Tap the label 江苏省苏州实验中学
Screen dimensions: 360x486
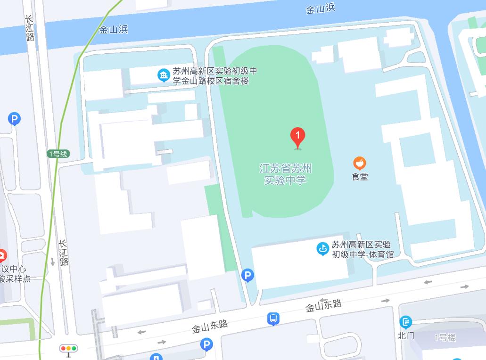pyautogui.click(x=286, y=174)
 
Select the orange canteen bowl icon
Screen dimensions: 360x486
pyautogui.click(x=360, y=163)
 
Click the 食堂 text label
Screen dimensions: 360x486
pyautogui.click(x=360, y=177)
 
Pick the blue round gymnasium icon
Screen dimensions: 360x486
pyautogui.click(x=322, y=248)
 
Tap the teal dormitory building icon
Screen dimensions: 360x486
pyautogui.click(x=164, y=75)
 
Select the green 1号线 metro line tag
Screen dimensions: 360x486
pyautogui.click(x=58, y=154)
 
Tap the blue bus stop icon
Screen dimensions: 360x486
pyautogui.click(x=273, y=319)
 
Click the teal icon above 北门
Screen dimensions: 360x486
pyautogui.click(x=405, y=322)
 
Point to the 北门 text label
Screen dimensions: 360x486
pyautogui.click(x=405, y=335)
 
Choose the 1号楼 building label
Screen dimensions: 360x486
pyautogui.click(x=445, y=337)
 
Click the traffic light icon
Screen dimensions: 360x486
pyautogui.click(x=68, y=349)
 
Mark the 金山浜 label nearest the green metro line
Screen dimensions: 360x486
pyautogui.click(x=113, y=30)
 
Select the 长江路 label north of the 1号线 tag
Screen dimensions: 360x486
pyautogui.click(x=30, y=28)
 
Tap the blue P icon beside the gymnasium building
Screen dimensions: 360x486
pyautogui.click(x=247, y=275)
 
